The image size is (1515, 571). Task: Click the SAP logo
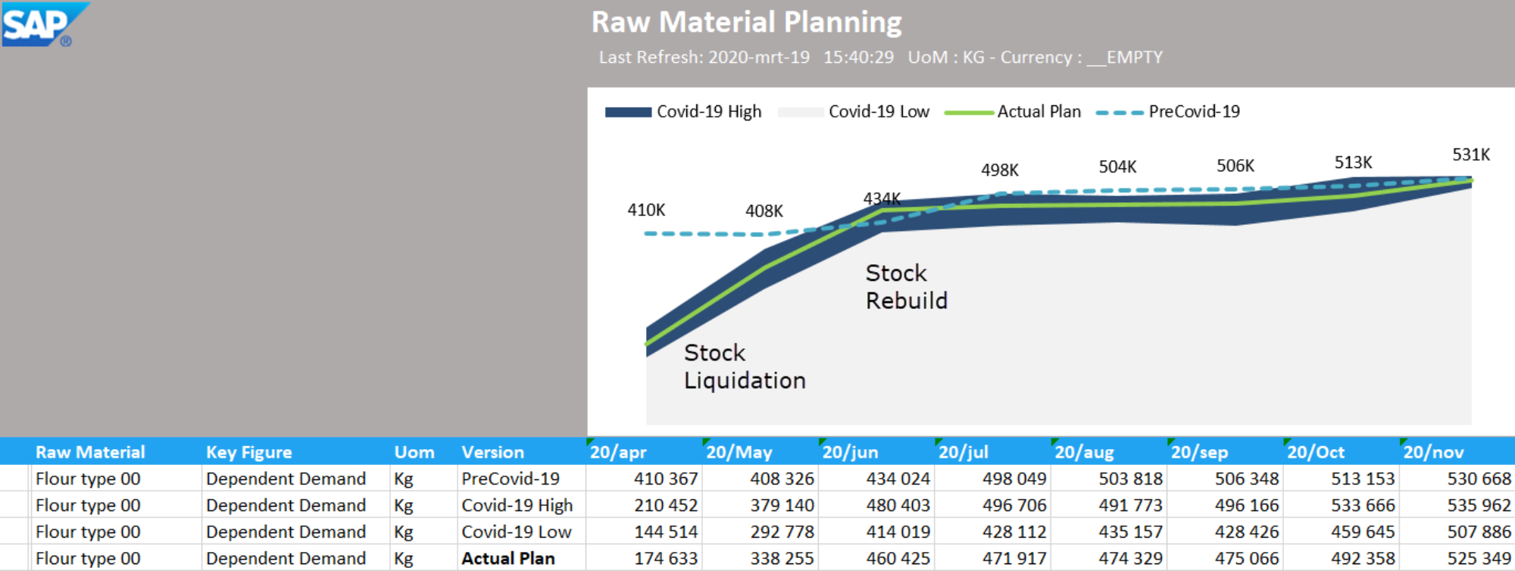click(x=44, y=24)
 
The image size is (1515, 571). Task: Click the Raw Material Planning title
click(x=746, y=22)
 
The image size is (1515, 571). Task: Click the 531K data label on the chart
click(x=1470, y=154)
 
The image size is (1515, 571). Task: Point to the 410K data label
click(x=645, y=210)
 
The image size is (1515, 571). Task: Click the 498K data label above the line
click(x=999, y=170)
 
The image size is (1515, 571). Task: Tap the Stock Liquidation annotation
click(x=744, y=367)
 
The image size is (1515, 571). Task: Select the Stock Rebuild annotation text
click(x=906, y=287)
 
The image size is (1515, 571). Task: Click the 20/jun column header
click(x=850, y=452)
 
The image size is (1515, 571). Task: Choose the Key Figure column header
click(x=248, y=452)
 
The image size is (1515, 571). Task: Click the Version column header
click(x=492, y=452)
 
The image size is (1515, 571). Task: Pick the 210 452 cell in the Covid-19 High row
click(x=665, y=505)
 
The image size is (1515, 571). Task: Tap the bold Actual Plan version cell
click(x=508, y=558)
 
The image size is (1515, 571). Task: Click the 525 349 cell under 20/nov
click(x=1479, y=558)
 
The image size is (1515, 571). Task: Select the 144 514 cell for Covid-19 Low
click(x=665, y=532)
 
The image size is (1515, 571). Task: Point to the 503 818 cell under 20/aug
click(x=1130, y=479)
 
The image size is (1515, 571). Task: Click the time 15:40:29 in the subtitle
click(x=858, y=58)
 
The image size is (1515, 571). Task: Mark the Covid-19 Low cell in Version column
click(x=516, y=532)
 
